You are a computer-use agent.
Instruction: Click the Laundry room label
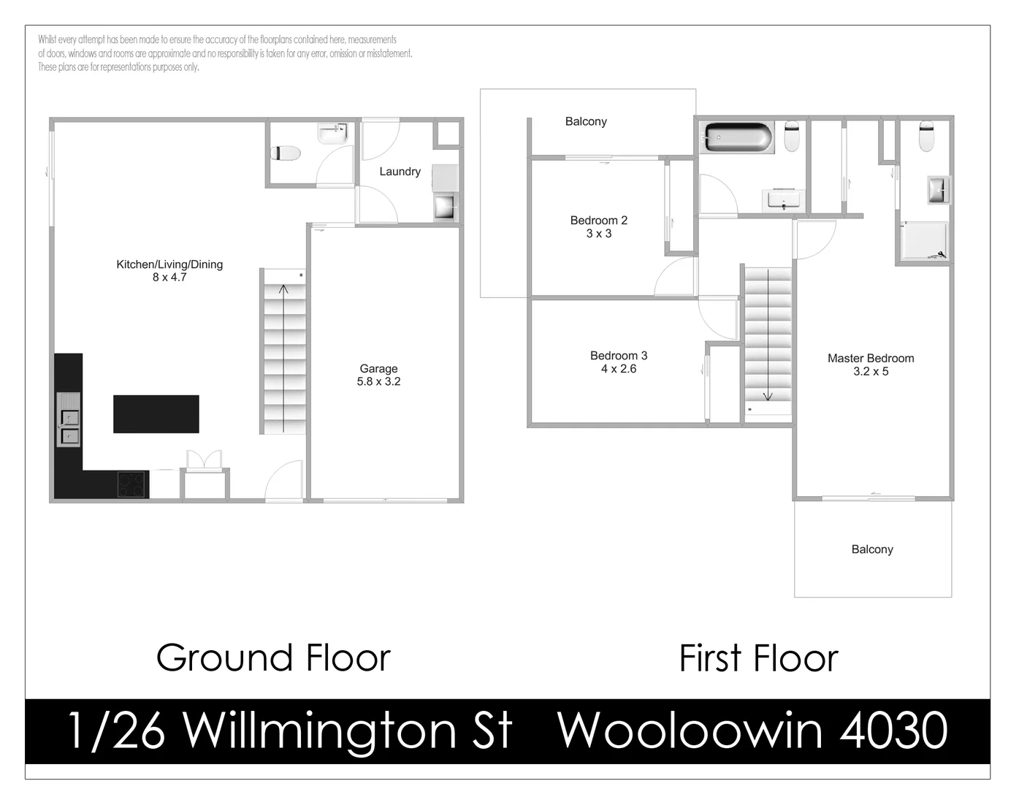[x=400, y=172]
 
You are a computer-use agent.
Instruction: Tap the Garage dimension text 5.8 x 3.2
[x=378, y=381]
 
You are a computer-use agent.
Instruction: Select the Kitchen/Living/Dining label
[x=169, y=264]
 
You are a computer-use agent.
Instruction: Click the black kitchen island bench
[x=156, y=413]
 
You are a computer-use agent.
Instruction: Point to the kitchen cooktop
[x=133, y=485]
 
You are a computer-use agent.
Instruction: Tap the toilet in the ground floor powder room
[x=286, y=153]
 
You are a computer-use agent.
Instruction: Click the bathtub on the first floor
[x=736, y=137]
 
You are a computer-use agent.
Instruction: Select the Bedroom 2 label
[x=599, y=221]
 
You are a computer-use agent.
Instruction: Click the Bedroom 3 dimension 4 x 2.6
[x=619, y=369]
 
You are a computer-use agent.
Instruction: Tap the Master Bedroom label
[x=871, y=359]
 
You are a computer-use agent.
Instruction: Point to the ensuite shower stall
[x=923, y=241]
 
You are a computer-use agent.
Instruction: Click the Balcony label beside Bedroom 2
[x=586, y=122]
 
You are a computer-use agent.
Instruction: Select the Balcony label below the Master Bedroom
[x=872, y=549]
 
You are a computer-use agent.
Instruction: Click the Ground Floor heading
[x=273, y=657]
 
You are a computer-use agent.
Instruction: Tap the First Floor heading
[x=758, y=657]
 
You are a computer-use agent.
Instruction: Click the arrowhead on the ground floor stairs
[x=283, y=289]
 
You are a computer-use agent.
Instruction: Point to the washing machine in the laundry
[x=445, y=206]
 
